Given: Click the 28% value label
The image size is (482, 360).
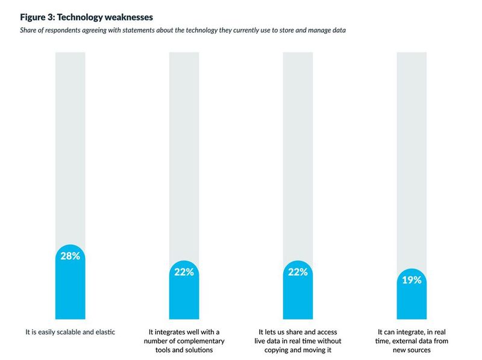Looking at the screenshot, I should pyautogui.click(x=70, y=256).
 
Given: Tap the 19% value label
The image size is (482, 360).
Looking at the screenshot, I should pyautogui.click(x=412, y=280).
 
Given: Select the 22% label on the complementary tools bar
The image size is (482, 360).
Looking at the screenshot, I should pyautogui.click(x=184, y=272).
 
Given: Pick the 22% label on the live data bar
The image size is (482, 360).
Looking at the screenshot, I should pyautogui.click(x=298, y=272).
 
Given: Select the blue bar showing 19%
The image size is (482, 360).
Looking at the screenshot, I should pyautogui.click(x=412, y=302).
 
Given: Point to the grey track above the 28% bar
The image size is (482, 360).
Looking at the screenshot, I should pyautogui.click(x=70, y=145).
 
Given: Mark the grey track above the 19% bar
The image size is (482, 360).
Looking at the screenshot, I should pyautogui.click(x=412, y=157).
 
